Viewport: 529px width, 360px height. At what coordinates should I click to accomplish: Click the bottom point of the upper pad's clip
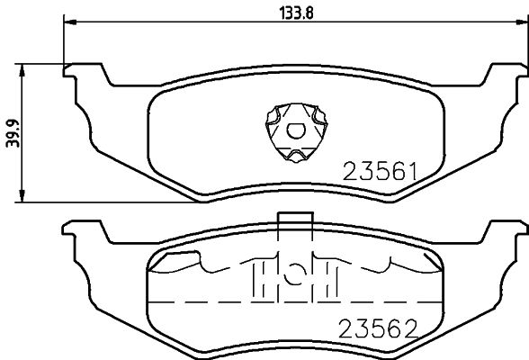(x=293, y=164)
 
